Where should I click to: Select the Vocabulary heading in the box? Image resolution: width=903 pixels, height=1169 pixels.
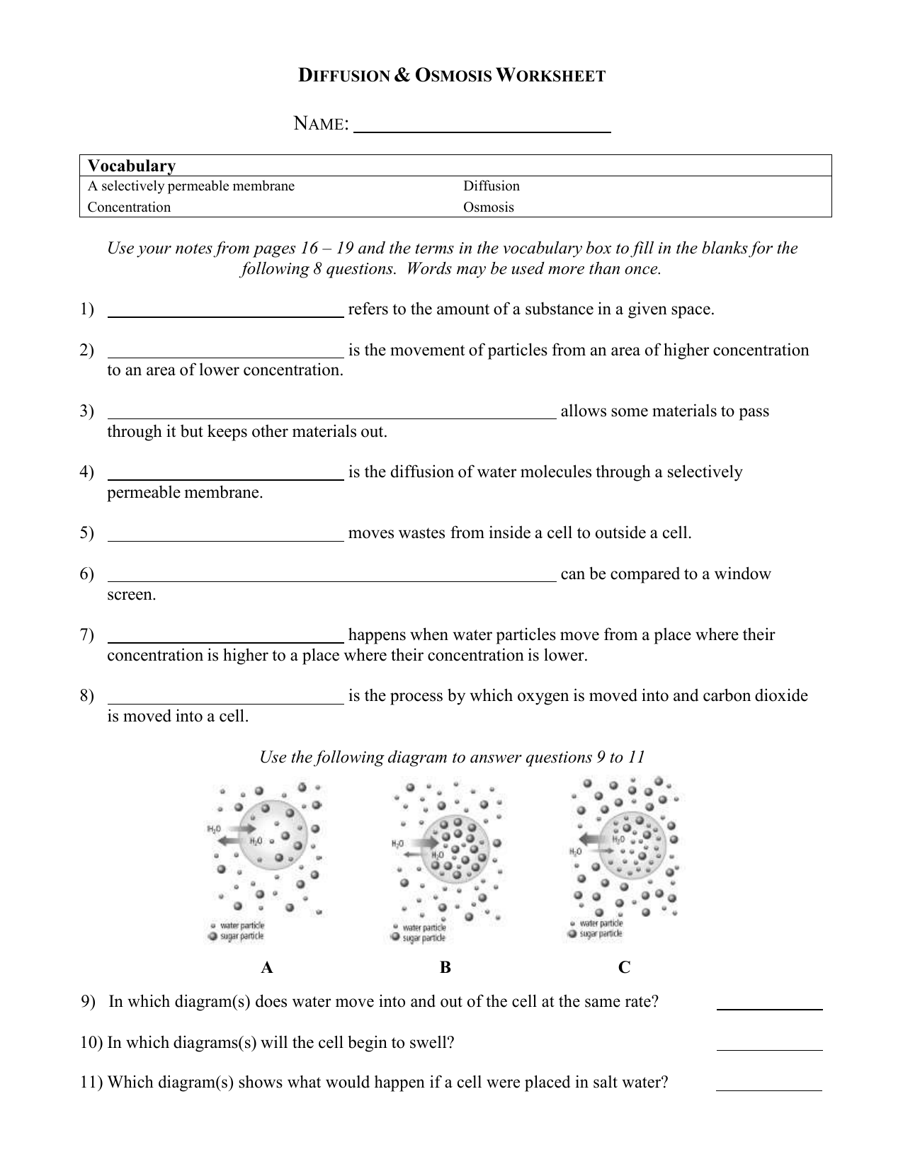pyautogui.click(x=131, y=166)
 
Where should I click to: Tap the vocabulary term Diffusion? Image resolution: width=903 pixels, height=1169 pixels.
pyautogui.click(x=491, y=186)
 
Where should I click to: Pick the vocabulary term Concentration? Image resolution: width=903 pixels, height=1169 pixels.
pyautogui.click(x=129, y=207)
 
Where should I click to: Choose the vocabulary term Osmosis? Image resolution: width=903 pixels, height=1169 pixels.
pyautogui.click(x=488, y=207)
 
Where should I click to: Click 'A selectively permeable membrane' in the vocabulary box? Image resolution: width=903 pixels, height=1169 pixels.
pyautogui.click(x=191, y=186)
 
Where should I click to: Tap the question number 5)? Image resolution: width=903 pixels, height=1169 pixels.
pyautogui.click(x=86, y=533)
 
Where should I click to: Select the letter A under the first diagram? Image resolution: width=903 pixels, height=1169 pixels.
pyautogui.click(x=266, y=968)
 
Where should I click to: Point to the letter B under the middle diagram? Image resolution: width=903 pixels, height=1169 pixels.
pyautogui.click(x=445, y=968)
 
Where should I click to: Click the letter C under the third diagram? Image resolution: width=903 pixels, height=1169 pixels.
pyautogui.click(x=624, y=968)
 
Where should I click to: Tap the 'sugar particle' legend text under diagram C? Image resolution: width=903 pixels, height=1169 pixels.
pyautogui.click(x=601, y=934)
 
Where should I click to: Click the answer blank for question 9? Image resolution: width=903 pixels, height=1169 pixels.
pyautogui.click(x=769, y=1005)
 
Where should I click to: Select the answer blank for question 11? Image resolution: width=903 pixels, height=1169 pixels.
pyautogui.click(x=769, y=1087)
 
